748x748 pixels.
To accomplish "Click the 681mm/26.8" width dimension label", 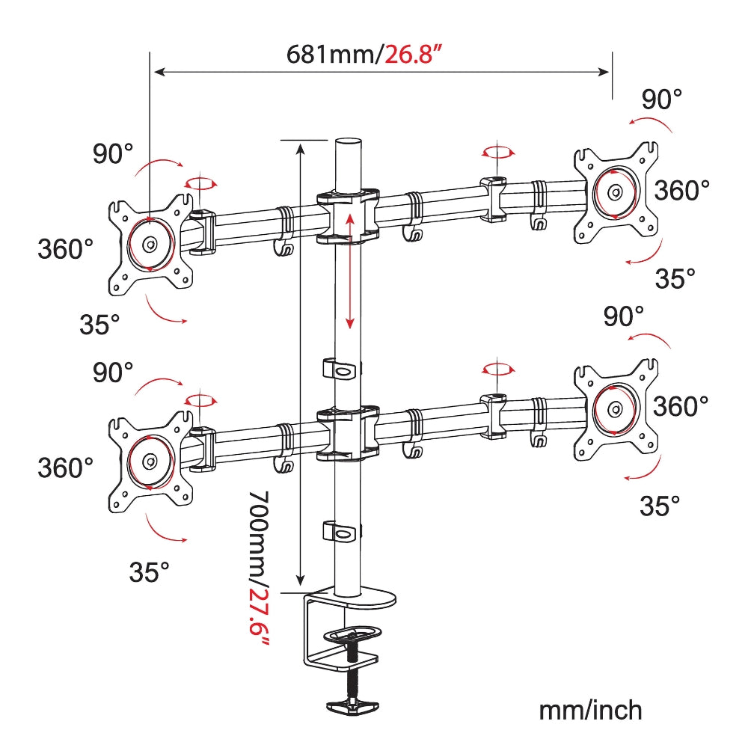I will (x=361, y=54).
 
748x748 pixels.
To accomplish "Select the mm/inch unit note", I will (x=590, y=709).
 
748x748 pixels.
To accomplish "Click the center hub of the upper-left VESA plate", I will (x=150, y=244).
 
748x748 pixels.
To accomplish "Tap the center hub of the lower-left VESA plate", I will (x=150, y=462).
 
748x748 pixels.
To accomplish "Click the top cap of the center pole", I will (x=347, y=143).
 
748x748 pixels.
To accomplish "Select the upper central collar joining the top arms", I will (x=348, y=217).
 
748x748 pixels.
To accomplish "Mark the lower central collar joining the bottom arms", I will (x=348, y=433).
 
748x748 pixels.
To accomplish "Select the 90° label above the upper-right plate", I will (x=662, y=99).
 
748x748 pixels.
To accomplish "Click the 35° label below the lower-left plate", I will (x=149, y=573).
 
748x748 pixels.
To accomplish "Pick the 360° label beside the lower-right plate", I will (x=681, y=407).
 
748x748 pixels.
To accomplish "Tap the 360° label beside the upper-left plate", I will (x=66, y=248).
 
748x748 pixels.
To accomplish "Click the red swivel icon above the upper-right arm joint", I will (x=498, y=153).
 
